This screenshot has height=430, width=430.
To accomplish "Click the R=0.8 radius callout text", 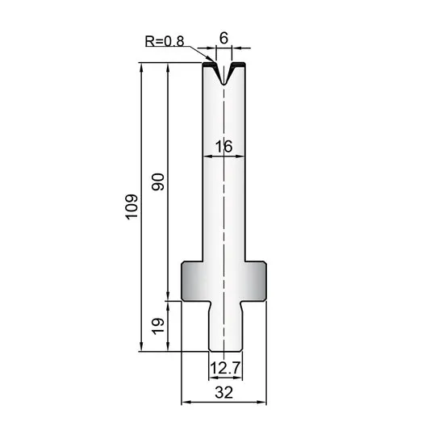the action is coord(165,41).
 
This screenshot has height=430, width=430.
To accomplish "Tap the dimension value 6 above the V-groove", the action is coord(223,38).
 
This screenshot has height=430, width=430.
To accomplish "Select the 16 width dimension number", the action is coord(223,147).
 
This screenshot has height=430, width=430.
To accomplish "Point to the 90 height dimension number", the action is coord(158,182).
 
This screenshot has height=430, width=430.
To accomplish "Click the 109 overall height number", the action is coord(132,207).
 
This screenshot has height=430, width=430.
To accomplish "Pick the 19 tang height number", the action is coord(158,327).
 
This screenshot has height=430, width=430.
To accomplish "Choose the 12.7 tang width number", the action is coord(225,368).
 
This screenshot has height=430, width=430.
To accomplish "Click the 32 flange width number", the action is coord(223,392).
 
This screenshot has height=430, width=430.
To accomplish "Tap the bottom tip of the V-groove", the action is coord(223,84).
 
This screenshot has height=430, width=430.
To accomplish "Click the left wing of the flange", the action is coord(192,281).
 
